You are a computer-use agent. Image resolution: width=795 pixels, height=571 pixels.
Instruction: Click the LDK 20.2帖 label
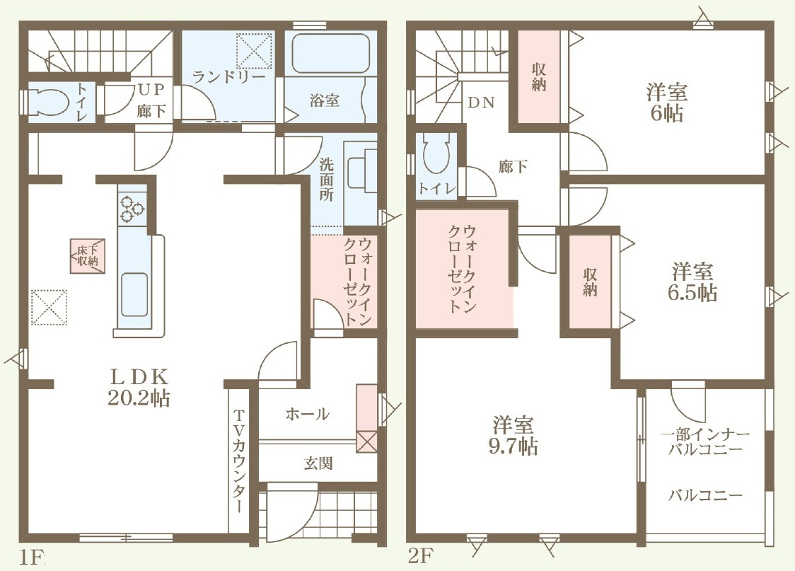(139, 387)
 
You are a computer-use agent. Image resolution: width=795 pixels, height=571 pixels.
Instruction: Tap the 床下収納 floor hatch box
(88, 256)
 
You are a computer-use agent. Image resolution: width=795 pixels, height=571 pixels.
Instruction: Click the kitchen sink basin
(134, 301)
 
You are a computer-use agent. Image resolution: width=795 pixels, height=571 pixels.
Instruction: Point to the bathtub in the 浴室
(330, 54)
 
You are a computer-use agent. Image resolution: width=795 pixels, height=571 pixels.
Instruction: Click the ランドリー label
(229, 76)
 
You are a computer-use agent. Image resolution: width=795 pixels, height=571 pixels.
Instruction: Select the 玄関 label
(318, 463)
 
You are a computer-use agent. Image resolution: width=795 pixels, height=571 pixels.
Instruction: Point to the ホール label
(307, 415)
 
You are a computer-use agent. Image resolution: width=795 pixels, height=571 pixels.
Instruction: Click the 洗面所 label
(327, 180)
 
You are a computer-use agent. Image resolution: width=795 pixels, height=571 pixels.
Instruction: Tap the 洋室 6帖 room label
(667, 103)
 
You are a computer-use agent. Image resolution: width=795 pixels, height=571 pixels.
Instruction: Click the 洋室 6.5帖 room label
(692, 282)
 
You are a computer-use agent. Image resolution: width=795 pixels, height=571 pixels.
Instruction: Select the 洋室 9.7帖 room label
(513, 435)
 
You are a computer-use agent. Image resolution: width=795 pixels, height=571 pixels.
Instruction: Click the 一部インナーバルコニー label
(705, 442)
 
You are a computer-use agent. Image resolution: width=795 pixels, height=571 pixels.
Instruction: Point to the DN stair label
(481, 103)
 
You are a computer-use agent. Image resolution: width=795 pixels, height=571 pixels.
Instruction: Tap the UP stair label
(151, 89)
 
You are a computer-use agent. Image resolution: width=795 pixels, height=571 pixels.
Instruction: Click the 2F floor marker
(420, 557)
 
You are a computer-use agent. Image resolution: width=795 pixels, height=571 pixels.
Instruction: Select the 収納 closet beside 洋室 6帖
(538, 77)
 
